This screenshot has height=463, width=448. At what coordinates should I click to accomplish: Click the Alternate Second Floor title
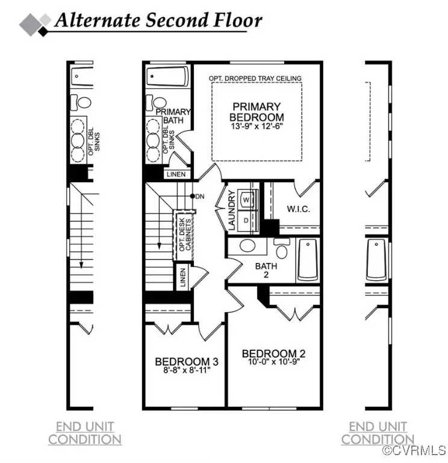click(158, 20)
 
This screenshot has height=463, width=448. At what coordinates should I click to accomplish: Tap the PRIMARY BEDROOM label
click(257, 112)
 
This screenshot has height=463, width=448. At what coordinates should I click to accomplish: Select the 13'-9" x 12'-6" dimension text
click(257, 127)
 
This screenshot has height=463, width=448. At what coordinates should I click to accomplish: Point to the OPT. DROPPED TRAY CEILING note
click(255, 78)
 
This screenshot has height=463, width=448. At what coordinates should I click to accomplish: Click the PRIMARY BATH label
click(173, 116)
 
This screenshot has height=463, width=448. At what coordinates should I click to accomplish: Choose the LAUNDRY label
click(231, 210)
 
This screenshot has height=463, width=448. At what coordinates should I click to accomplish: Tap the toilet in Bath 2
click(281, 248)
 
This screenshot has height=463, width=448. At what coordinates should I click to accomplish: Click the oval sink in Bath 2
click(248, 246)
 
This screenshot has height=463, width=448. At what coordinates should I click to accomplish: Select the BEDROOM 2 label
click(269, 354)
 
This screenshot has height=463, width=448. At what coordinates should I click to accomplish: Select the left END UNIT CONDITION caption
click(85, 433)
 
